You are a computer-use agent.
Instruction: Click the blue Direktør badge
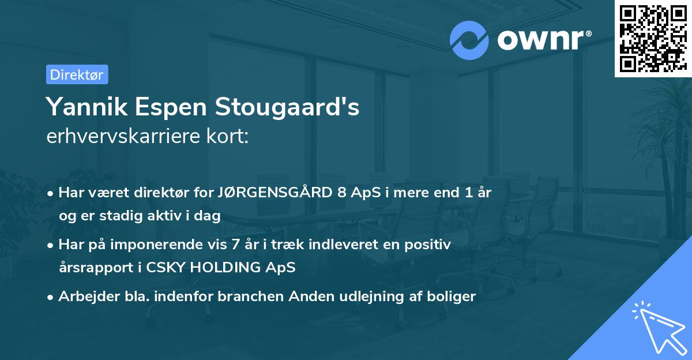[x=77, y=74]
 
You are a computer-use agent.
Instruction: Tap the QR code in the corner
[x=653, y=38]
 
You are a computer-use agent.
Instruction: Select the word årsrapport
[x=89, y=268]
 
